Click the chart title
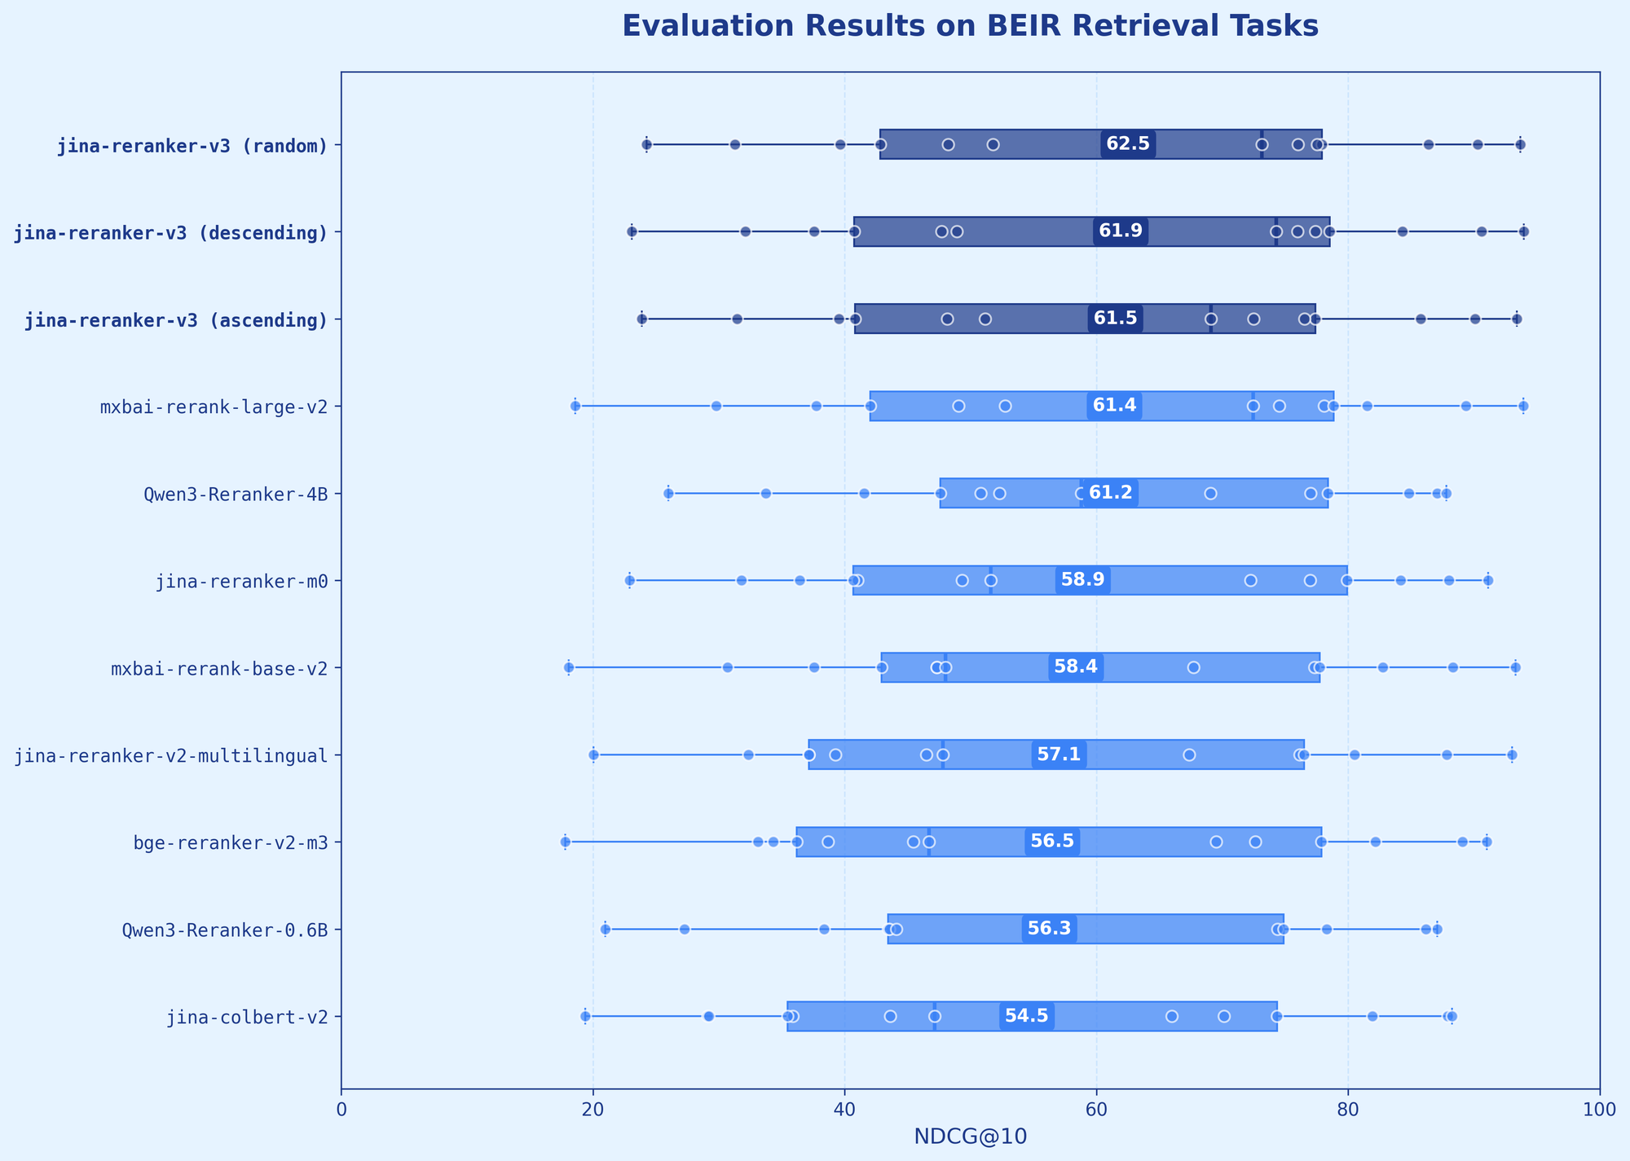point(970,27)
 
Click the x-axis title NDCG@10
point(970,1136)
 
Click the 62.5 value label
point(1128,144)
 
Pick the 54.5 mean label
point(1027,1016)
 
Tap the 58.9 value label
point(1083,580)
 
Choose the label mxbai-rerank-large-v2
point(214,407)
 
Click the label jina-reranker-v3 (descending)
point(171,232)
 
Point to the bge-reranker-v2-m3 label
point(231,842)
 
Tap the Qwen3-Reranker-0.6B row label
point(225,930)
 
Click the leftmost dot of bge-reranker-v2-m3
point(566,842)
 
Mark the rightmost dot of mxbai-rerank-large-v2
point(1523,406)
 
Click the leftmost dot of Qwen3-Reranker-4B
point(668,493)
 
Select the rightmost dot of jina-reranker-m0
point(1488,580)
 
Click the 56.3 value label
point(1050,929)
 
